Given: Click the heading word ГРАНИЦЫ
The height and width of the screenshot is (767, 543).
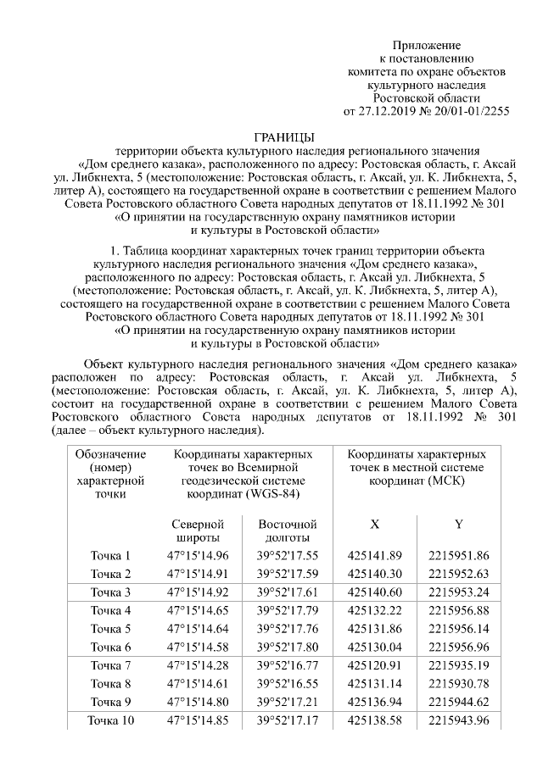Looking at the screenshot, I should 284,137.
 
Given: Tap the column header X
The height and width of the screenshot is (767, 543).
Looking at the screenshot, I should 374,525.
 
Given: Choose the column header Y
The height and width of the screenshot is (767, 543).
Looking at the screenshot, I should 459,525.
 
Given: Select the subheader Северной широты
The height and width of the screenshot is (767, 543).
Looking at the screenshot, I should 199,531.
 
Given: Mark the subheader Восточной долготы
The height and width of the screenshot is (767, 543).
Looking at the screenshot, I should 288,531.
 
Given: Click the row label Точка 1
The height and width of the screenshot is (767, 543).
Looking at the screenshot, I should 110,556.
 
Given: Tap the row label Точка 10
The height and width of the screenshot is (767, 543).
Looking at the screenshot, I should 110,721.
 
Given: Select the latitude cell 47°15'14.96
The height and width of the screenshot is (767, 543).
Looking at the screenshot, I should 199,556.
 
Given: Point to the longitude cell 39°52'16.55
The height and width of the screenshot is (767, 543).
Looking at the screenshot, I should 288,683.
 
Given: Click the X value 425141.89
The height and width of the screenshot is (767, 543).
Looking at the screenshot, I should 374,556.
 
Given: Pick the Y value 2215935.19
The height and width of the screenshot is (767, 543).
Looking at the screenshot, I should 459,665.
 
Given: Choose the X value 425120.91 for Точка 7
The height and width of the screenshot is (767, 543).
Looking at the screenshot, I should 374,665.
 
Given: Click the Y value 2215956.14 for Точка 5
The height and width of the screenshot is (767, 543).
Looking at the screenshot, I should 459,629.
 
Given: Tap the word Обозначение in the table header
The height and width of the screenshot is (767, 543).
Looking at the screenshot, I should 110,454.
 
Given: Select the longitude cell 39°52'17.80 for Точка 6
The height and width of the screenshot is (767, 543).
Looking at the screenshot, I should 288,647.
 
